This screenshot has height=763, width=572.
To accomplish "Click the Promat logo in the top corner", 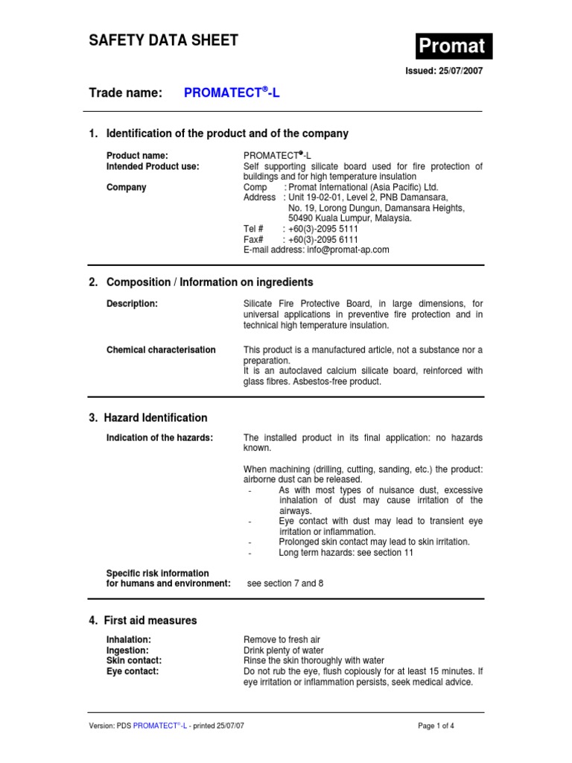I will click(x=453, y=46).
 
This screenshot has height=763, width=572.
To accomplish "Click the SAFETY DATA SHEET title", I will click(x=163, y=41).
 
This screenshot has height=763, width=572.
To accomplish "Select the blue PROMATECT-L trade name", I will click(x=232, y=93).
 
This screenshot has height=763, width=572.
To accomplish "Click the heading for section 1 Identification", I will click(x=218, y=133).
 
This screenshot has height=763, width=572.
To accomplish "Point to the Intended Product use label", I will click(x=153, y=166).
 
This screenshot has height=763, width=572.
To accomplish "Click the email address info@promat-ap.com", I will click(x=347, y=250).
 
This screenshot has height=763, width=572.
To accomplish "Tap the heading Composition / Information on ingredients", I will click(x=209, y=282).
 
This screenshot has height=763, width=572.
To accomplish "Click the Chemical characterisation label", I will click(x=161, y=349).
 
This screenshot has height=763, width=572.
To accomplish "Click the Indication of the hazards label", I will click(x=159, y=437).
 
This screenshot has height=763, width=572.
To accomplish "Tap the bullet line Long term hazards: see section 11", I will click(x=347, y=552).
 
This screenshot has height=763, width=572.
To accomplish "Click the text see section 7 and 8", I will click(x=285, y=583).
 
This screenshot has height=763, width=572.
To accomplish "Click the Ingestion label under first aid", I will click(x=128, y=650).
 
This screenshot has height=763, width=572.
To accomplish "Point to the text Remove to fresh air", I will click(x=282, y=639).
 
